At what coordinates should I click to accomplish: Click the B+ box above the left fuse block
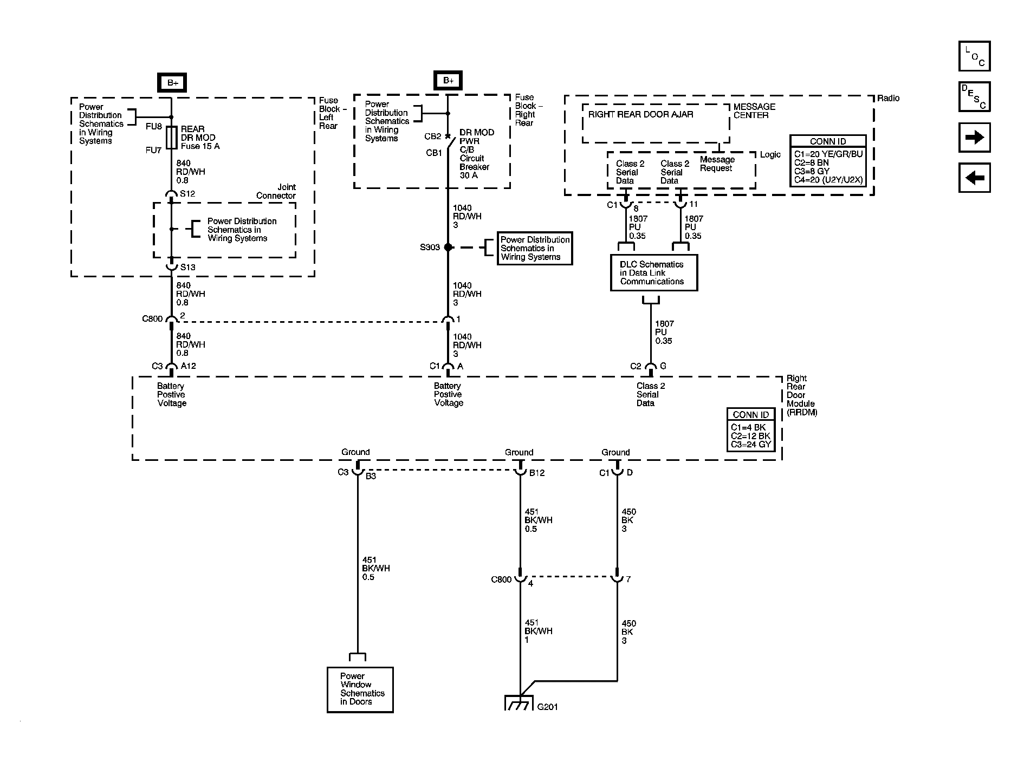click(x=172, y=83)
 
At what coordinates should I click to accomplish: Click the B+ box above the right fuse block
click(x=448, y=81)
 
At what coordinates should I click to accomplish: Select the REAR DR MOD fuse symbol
click(x=172, y=138)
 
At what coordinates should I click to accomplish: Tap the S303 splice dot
click(x=448, y=248)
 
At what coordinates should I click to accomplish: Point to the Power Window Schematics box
click(x=360, y=689)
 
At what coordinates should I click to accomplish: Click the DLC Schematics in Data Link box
click(x=653, y=273)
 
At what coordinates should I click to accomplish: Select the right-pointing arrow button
click(x=974, y=137)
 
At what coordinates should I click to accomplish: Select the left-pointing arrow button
click(x=974, y=178)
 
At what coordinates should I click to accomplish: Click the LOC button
click(x=974, y=56)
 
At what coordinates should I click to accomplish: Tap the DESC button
click(x=974, y=96)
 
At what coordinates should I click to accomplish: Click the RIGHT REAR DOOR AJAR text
click(x=640, y=114)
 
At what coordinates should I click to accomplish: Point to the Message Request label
click(x=717, y=164)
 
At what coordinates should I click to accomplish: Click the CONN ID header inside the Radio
click(x=827, y=141)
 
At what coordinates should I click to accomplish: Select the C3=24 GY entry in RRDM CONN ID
click(x=750, y=445)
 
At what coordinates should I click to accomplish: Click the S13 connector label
click(x=187, y=267)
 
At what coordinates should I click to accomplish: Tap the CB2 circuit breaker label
click(x=432, y=136)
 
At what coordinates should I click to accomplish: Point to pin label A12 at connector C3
click(x=188, y=366)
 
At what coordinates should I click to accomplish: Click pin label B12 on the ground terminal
click(x=536, y=473)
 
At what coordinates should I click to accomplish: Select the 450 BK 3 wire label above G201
click(x=628, y=631)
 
